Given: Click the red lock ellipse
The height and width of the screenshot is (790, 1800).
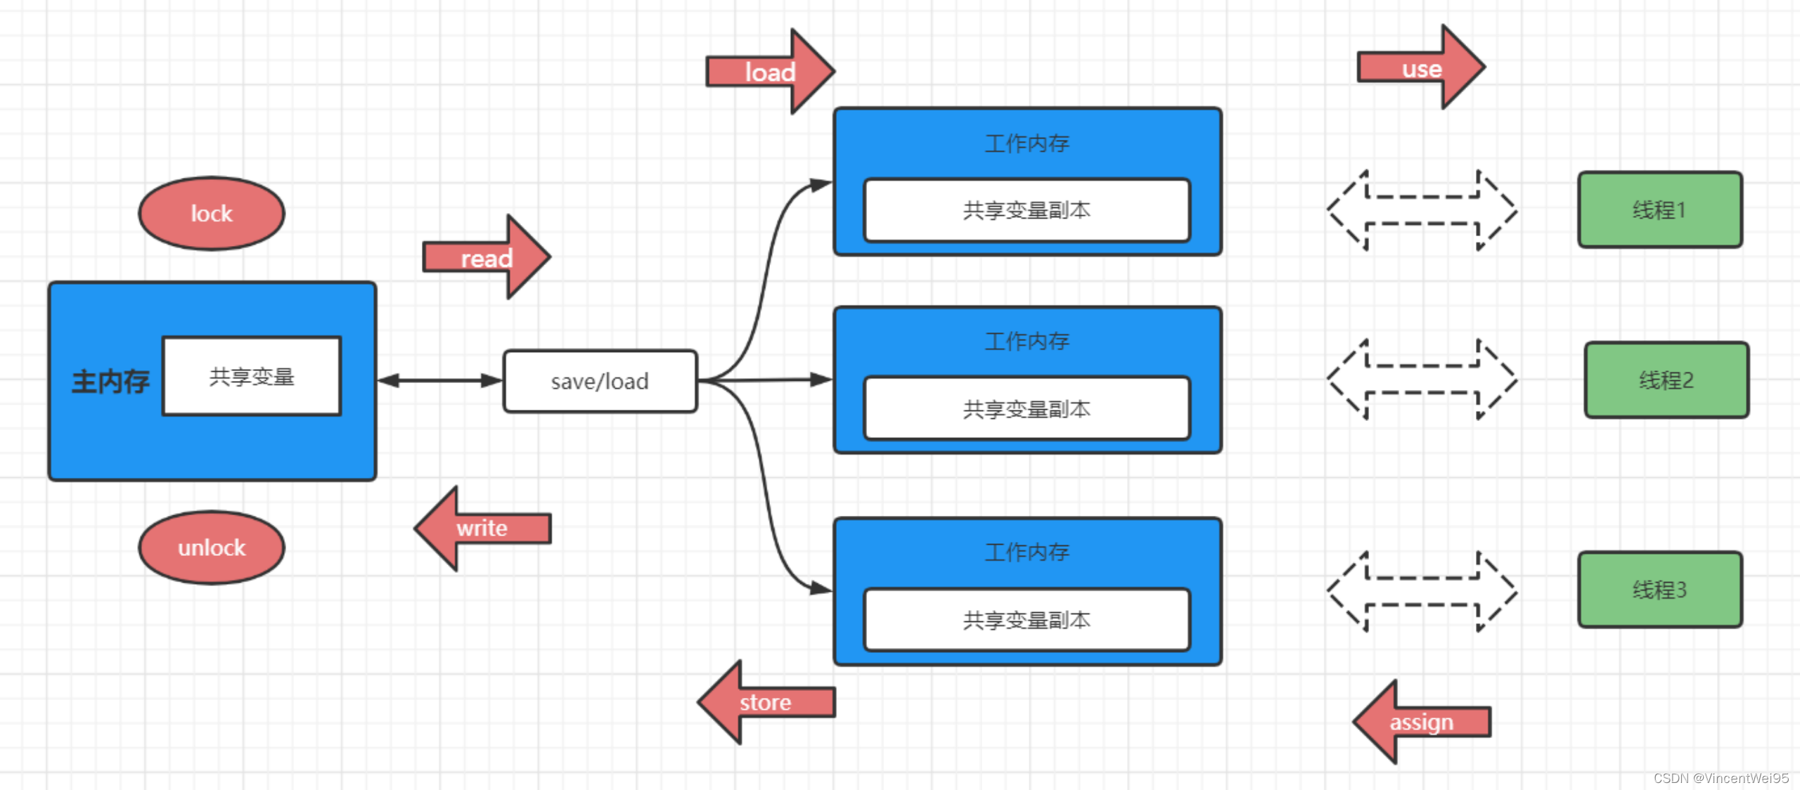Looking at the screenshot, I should click(212, 213).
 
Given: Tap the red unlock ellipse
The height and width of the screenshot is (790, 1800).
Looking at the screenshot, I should click(212, 548).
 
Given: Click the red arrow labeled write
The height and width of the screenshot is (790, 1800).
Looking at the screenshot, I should click(482, 528).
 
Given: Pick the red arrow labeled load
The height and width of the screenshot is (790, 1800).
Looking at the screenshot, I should click(770, 72).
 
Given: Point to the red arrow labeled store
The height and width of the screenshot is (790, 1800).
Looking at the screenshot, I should click(766, 702).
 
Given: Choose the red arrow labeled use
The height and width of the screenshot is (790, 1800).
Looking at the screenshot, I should click(1421, 68).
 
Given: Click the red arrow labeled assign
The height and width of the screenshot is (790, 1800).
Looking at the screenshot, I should click(1421, 722).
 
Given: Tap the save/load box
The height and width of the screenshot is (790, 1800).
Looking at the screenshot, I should click(600, 381).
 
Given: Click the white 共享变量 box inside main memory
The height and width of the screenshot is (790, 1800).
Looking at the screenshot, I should click(252, 377).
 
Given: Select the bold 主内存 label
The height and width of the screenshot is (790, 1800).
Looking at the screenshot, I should click(110, 382).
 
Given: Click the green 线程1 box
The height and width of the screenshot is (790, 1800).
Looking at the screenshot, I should click(1659, 209).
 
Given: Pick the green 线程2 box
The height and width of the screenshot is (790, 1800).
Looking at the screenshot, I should click(1666, 380).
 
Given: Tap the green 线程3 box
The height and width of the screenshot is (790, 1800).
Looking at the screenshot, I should click(1659, 590).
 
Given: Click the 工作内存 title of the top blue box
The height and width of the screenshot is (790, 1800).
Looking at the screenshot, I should click(1027, 143).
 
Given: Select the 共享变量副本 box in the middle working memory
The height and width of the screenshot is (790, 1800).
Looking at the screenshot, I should click(1027, 409).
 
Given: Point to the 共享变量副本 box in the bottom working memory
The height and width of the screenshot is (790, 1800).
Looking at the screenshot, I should click(1027, 620).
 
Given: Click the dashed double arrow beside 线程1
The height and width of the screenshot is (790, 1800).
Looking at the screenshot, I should click(1422, 210).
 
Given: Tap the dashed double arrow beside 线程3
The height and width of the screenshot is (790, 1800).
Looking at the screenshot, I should click(1422, 591).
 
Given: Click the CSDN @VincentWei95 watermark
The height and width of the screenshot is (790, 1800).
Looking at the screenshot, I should click(1721, 778).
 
